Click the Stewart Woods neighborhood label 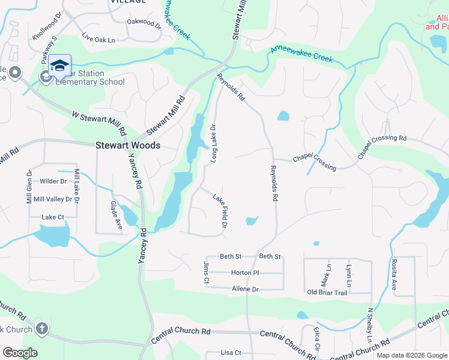(128, 145)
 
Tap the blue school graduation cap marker (60, 65)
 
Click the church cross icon (41, 328)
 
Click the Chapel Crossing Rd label (382, 146)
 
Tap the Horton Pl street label (244, 272)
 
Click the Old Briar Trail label (327, 292)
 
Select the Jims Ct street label (206, 272)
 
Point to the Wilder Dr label (53, 181)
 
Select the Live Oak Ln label (98, 40)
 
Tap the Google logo (20, 353)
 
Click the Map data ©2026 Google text (411, 355)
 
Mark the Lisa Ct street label (231, 353)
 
